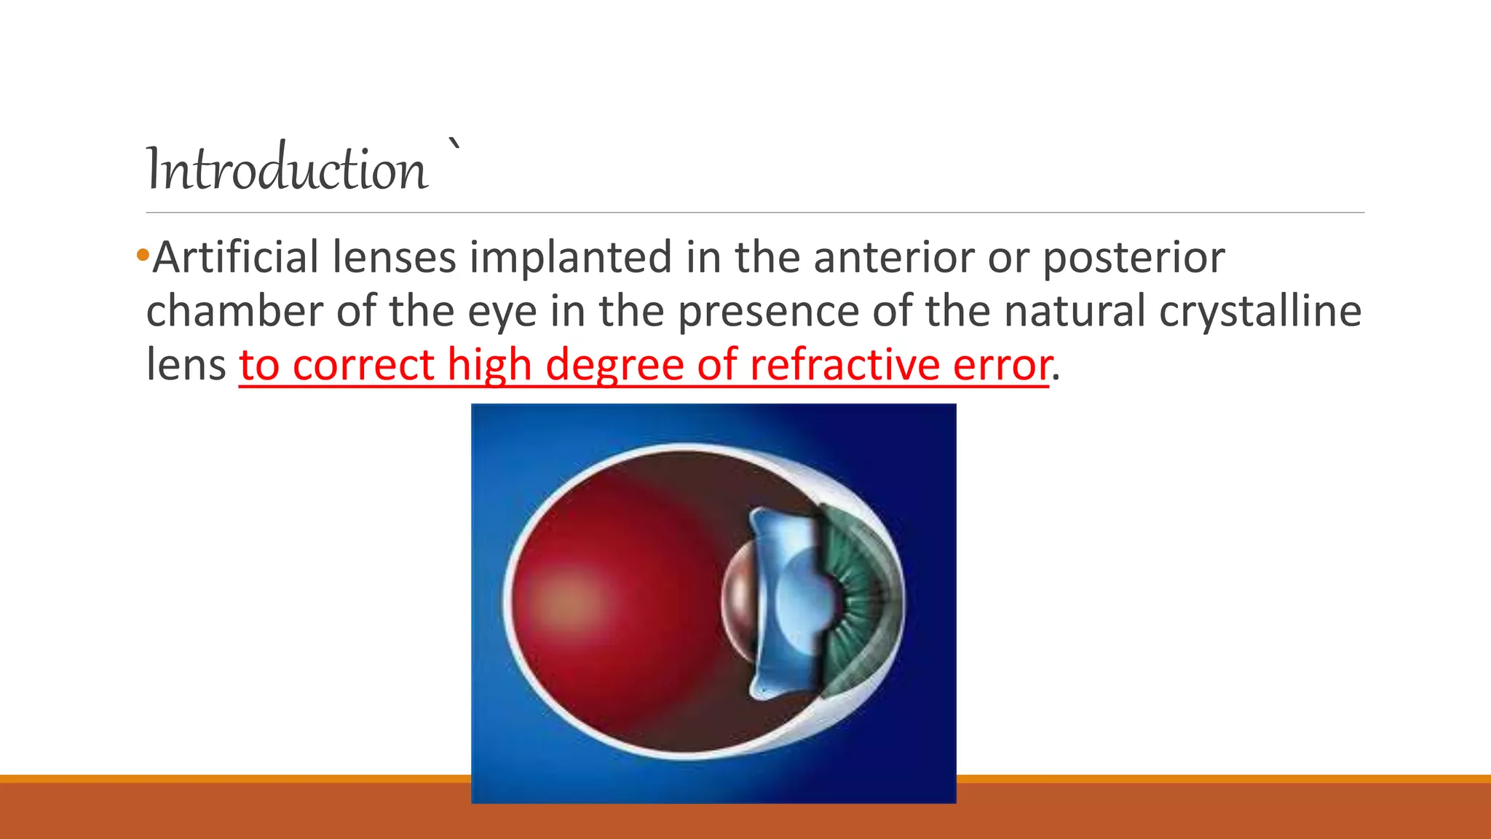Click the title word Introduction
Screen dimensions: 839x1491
pos(287,169)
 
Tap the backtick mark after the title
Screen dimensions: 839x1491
pos(454,143)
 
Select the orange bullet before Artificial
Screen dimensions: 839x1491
pos(142,256)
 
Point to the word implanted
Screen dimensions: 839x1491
pos(570,259)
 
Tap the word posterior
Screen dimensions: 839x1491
pos(1134,259)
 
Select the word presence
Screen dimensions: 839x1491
pos(769,312)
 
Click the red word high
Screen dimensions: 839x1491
pos(489,364)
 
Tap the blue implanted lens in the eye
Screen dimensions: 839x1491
pos(790,604)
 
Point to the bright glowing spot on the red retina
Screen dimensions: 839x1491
pos(568,602)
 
